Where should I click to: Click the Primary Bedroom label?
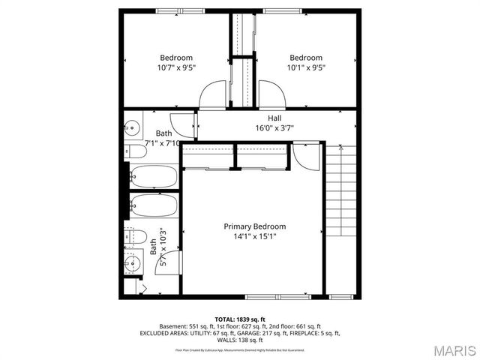coord(254,226)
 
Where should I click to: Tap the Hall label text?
coord(274,118)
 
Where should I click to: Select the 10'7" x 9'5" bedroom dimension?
coord(175,67)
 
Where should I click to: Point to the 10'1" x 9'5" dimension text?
coord(306,67)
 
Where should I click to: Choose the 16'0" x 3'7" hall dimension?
coord(274,127)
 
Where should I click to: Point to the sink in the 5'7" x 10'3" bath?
coord(132,262)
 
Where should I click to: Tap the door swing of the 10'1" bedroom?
coord(271,94)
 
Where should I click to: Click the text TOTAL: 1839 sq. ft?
coord(239,319)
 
